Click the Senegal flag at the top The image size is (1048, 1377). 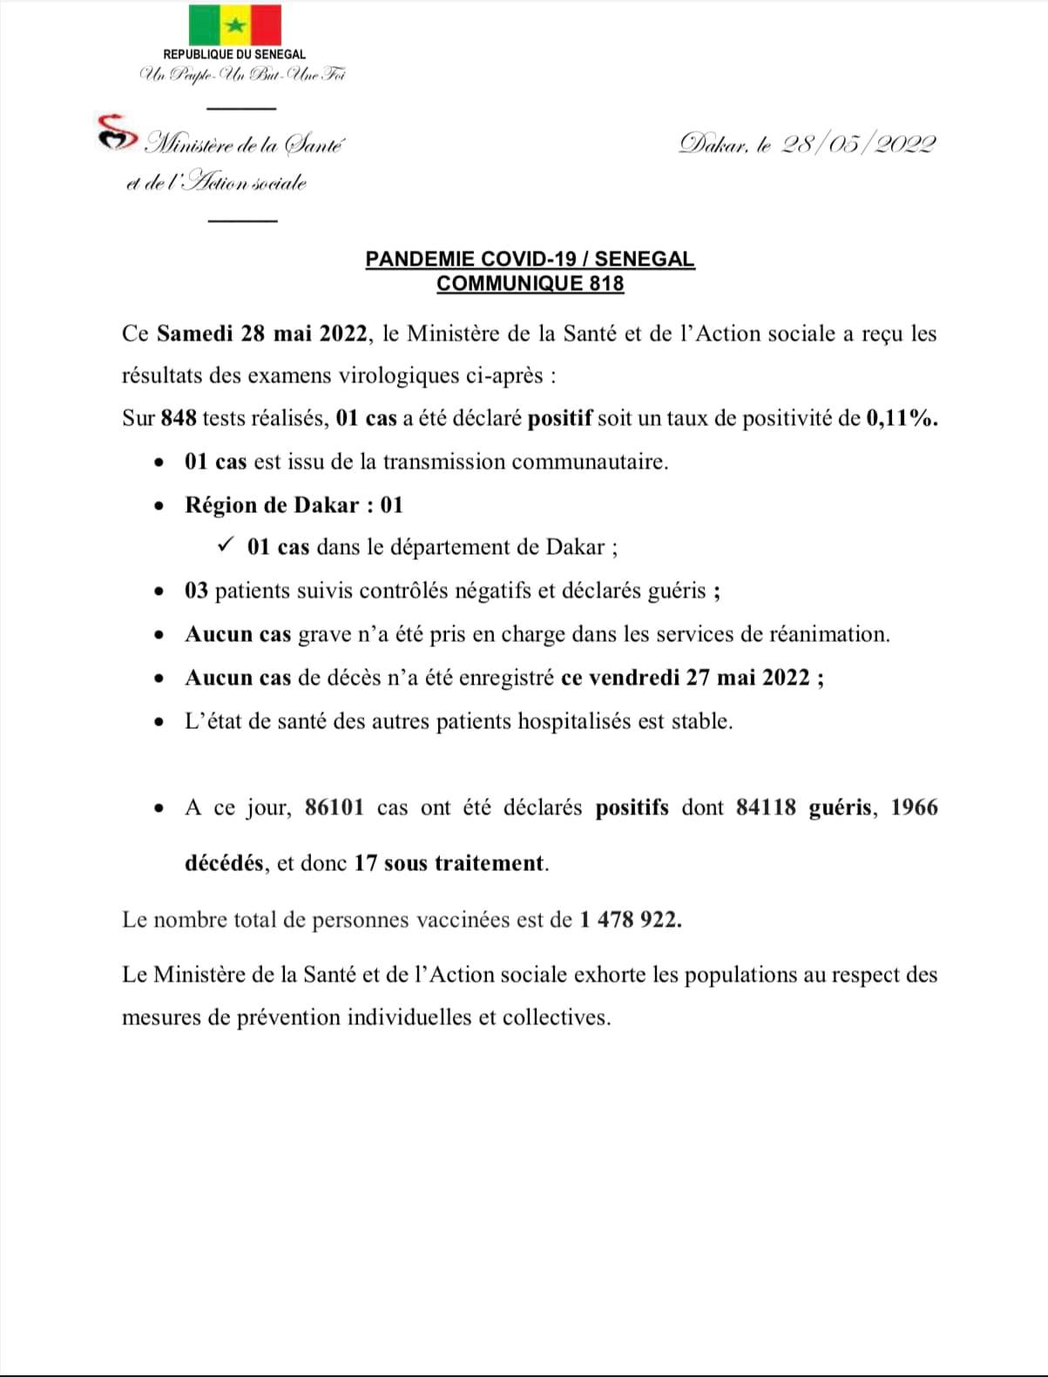click(234, 25)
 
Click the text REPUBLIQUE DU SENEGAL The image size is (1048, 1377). click(234, 55)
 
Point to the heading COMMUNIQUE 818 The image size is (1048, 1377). click(530, 283)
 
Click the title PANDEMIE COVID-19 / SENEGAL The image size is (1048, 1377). click(530, 260)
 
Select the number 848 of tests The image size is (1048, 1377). click(179, 418)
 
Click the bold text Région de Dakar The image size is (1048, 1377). click(272, 505)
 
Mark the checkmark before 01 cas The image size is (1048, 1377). click(225, 545)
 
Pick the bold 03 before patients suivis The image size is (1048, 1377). click(196, 591)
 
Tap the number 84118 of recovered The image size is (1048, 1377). click(766, 807)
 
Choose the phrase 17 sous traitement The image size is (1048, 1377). click(450, 863)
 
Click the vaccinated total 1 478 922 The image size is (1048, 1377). click(630, 920)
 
